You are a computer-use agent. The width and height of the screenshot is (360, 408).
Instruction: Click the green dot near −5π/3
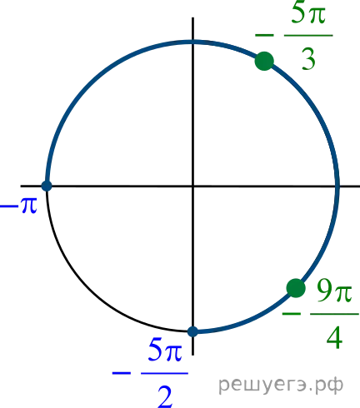pyautogui.click(x=264, y=61)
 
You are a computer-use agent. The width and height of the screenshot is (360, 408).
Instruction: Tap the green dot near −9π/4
pyautogui.click(x=296, y=288)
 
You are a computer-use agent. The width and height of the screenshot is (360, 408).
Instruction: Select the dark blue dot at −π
pyautogui.click(x=47, y=186)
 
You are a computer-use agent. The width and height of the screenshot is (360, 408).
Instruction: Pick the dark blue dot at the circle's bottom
pyautogui.click(x=192, y=331)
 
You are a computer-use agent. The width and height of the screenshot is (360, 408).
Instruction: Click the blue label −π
pyautogui.click(x=18, y=206)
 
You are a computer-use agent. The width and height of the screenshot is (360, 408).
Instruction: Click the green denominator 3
pyautogui.click(x=308, y=59)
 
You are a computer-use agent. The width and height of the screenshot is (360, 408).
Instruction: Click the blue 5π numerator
pyautogui.click(x=165, y=351)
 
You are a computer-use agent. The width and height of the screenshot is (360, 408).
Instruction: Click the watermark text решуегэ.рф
pyautogui.click(x=281, y=385)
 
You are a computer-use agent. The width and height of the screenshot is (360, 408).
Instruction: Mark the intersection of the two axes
pyautogui.click(x=192, y=186)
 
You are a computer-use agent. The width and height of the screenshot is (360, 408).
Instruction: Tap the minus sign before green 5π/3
pyautogui.click(x=264, y=35)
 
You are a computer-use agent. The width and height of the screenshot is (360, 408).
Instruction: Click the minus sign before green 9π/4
pyautogui.click(x=292, y=314)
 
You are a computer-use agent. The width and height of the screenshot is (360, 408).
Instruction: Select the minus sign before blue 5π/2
pyautogui.click(x=122, y=373)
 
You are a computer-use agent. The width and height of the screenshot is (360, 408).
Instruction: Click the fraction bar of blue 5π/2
pyautogui.click(x=164, y=373)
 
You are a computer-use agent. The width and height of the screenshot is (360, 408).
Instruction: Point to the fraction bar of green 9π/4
pyautogui.click(x=334, y=314)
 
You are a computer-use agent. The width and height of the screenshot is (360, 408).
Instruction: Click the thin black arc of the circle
pyautogui.click(x=89, y=289)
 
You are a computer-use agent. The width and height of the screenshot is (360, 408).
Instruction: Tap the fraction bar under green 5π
pyautogui.click(x=308, y=35)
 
